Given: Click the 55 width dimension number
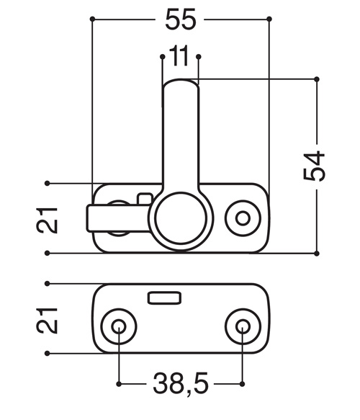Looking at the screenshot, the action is click(x=181, y=19).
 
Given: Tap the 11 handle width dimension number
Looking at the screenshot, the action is click(x=179, y=55).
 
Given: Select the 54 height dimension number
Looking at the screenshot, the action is click(x=314, y=166).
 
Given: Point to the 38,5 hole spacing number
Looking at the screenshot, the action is click(x=181, y=383).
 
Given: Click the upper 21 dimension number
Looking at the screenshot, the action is click(x=47, y=220).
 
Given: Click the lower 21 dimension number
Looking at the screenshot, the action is click(x=47, y=321).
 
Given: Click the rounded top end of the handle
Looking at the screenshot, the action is click(x=181, y=84).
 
